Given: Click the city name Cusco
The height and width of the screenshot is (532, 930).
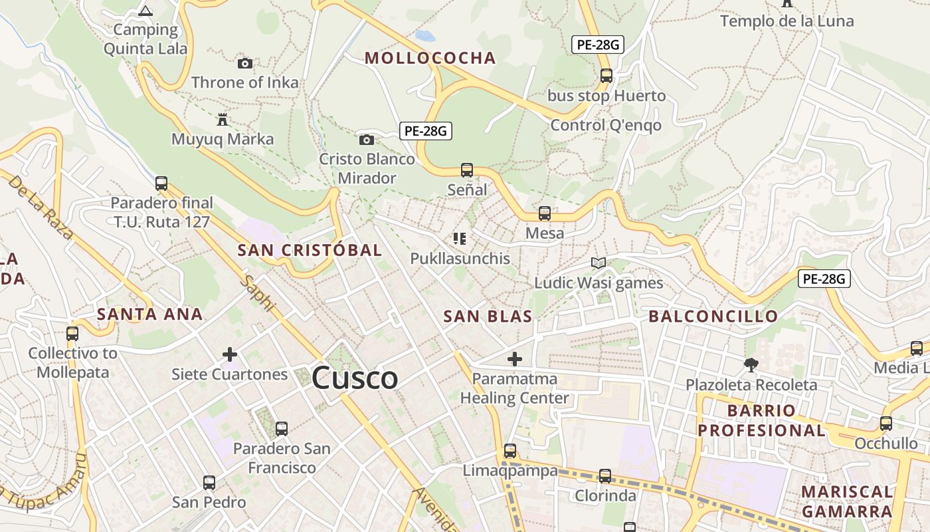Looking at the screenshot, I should [x=355, y=378].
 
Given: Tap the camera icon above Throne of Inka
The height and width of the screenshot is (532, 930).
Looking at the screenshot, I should [x=245, y=63].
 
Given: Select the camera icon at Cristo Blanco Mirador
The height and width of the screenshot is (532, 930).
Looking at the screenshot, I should [x=366, y=140].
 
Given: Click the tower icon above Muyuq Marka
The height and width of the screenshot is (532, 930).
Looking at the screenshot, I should [x=222, y=120].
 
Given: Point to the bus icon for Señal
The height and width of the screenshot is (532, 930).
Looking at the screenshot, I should [x=467, y=170].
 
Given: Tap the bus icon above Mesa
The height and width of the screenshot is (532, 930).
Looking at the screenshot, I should [x=545, y=213].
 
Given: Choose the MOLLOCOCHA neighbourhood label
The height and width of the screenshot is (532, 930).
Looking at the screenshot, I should [x=430, y=58].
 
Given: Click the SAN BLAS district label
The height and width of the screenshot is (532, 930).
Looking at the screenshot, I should [x=488, y=316].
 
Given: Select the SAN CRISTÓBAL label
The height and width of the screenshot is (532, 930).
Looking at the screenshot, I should [x=310, y=250].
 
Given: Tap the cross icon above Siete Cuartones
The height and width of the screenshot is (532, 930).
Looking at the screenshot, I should [x=230, y=354].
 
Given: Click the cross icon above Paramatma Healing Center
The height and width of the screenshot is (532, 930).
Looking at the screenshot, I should [x=515, y=359].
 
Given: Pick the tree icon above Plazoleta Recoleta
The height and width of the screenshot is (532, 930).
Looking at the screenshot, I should [x=751, y=364].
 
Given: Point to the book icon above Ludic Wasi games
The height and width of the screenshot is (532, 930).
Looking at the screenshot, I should [x=599, y=263].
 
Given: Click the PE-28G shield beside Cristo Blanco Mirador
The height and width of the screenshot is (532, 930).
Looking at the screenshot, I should [x=426, y=131].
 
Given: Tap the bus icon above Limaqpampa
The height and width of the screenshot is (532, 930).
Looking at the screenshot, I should [x=510, y=450].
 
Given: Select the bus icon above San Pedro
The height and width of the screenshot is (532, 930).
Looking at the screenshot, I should [x=209, y=483].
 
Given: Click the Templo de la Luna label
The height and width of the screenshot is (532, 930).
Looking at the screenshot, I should [x=787, y=21].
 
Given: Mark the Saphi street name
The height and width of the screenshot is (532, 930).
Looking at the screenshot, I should [x=258, y=293].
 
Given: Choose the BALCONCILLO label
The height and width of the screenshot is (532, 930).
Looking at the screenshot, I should [x=713, y=316].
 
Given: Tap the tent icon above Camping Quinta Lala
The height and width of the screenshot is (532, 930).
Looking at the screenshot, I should [x=145, y=10].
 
